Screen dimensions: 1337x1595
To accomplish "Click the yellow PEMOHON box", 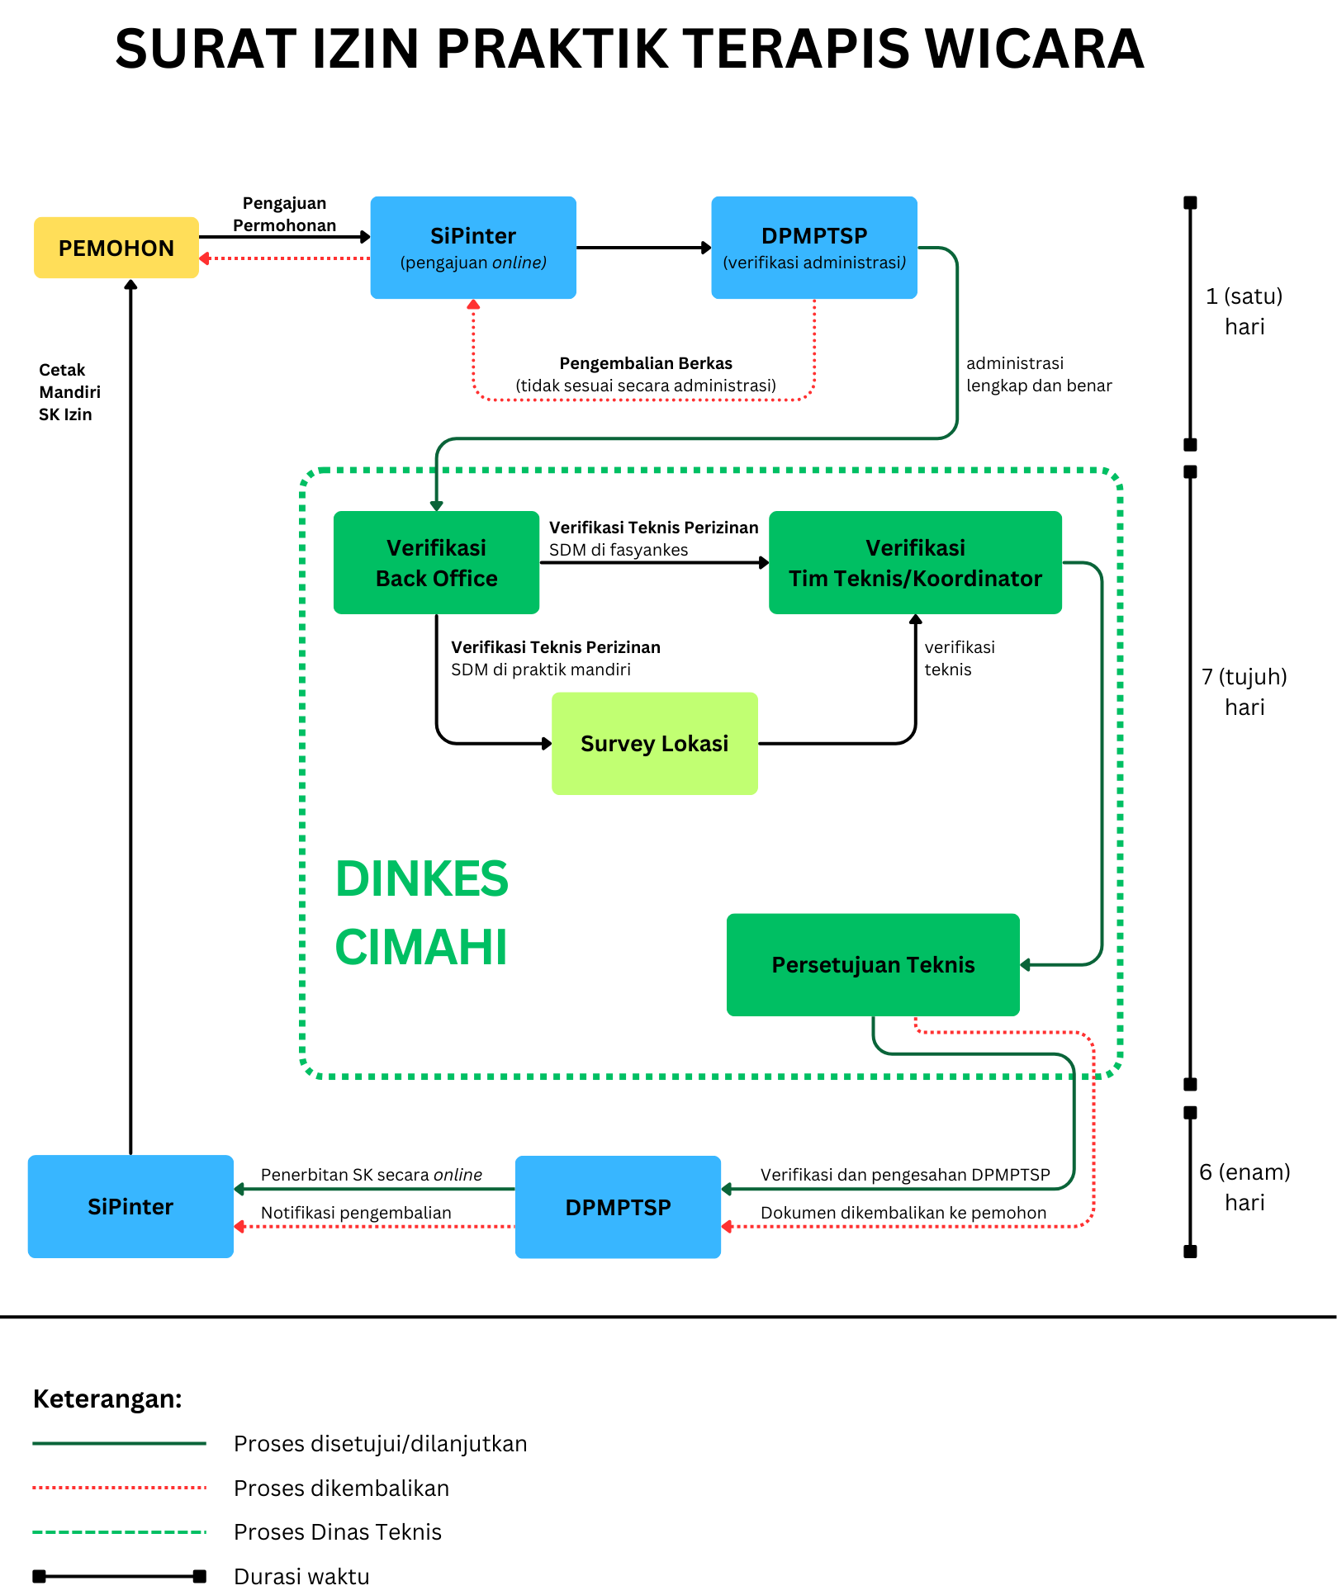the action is point(116,248).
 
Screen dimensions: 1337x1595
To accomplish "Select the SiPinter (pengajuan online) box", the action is point(473,248).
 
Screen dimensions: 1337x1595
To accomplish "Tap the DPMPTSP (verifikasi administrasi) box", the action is point(814,248).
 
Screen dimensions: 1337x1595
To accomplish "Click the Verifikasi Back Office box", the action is point(436,562).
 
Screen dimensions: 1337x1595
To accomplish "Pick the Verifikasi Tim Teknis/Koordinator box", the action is point(915,562).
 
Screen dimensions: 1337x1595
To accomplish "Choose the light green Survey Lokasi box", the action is point(655,744).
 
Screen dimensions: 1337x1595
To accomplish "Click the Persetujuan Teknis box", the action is point(873,964).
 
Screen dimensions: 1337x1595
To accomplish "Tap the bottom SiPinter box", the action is point(130,1206).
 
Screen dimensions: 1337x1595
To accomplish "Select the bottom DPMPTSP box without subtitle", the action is point(618,1207).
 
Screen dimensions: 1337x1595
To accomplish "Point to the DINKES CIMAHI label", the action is point(422,912).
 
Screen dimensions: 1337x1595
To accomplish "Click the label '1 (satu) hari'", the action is point(1245,311).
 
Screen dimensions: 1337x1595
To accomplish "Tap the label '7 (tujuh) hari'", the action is point(1245,692).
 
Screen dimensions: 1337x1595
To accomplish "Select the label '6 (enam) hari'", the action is point(1245,1187).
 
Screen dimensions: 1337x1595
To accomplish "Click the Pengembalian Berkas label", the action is point(646,363).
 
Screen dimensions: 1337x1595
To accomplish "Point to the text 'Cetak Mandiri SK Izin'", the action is point(70,392).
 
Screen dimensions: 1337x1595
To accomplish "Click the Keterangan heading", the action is point(107,1399).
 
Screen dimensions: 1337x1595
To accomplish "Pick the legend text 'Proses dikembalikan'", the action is point(341,1488).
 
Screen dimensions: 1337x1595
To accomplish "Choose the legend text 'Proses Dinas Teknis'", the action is point(338,1532).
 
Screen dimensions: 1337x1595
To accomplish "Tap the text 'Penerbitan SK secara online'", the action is point(372,1175).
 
